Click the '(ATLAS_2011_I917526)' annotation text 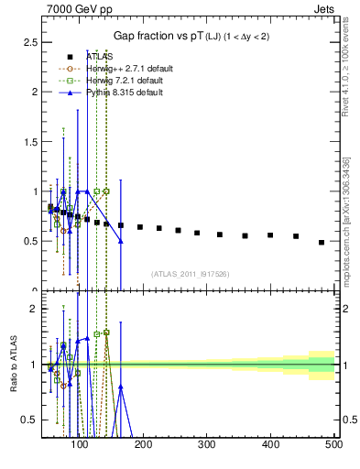click(x=190, y=274)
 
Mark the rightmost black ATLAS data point click(x=322, y=243)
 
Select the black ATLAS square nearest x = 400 click(x=270, y=235)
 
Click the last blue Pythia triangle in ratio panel click(x=120, y=387)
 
